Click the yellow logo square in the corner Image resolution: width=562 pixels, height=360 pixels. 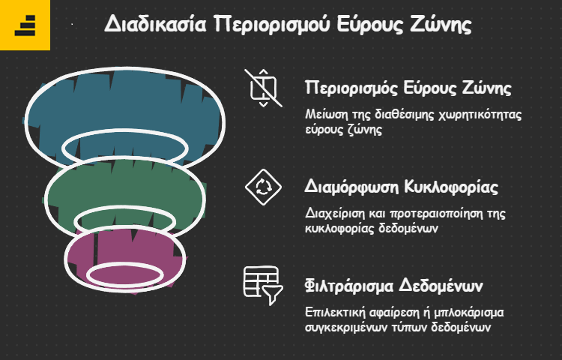point(25,25)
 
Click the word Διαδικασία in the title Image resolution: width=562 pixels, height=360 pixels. point(155,25)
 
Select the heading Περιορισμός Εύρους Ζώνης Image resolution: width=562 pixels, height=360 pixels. point(408,88)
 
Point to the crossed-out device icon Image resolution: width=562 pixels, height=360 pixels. point(264,88)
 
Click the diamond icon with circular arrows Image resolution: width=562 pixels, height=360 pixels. point(264,187)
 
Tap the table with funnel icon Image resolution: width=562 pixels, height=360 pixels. point(264,286)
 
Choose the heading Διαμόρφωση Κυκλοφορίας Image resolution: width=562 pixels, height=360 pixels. point(402,187)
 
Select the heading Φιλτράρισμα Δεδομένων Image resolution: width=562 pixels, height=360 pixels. point(394,286)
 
